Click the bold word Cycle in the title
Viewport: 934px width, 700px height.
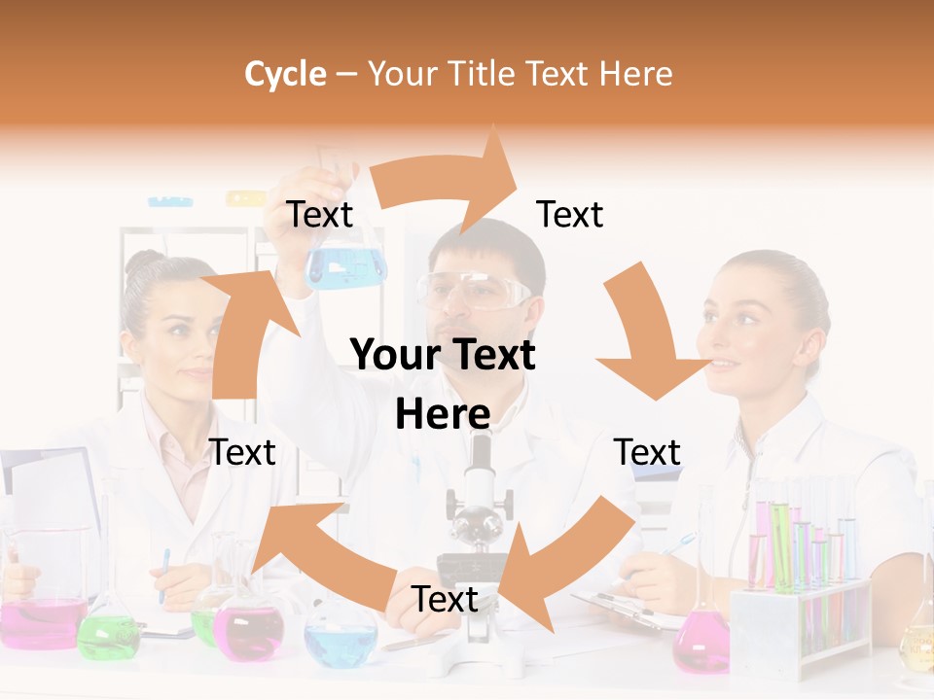285,74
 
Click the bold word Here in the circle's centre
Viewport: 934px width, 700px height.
443,414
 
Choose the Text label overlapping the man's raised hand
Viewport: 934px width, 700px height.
320,215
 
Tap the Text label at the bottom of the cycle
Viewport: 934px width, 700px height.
445,599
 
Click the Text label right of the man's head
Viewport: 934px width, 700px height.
570,215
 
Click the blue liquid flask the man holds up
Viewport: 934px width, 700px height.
346,262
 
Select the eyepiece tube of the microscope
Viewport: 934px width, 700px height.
480,462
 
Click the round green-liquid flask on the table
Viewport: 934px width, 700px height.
108,632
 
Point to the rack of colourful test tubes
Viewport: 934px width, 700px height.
803,583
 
